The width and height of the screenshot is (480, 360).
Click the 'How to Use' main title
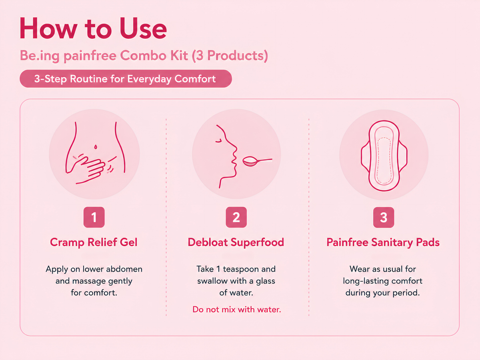point(93,28)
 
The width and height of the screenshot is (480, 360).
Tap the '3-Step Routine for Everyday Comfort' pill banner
point(126,79)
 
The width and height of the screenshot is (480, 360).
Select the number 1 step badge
point(94,217)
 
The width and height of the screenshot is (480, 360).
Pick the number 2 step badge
point(236,217)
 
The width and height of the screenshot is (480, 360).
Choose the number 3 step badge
point(384,217)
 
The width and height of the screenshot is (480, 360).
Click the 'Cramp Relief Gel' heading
point(94,242)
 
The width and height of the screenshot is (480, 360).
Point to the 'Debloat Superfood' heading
point(236,242)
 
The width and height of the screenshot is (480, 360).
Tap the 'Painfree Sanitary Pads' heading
point(383,242)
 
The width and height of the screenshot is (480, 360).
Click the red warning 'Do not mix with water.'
point(237,310)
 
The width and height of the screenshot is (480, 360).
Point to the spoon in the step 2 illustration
point(257,161)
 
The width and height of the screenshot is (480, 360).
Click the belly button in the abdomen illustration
point(96,147)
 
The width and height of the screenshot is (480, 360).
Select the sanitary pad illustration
point(384,156)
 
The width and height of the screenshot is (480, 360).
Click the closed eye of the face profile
point(218,141)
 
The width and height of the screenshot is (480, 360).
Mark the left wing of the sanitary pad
point(366,156)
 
